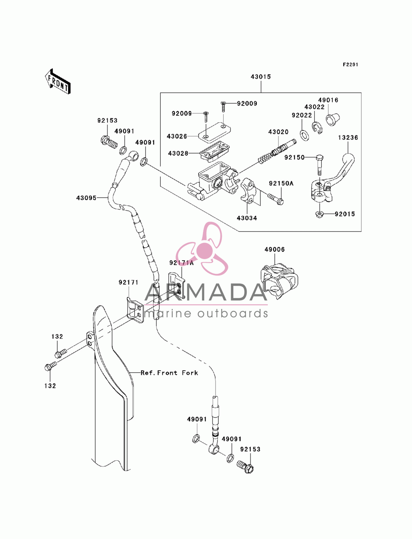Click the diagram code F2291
click(x=350, y=65)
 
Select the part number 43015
click(x=260, y=77)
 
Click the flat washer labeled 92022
click(x=304, y=135)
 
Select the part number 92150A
click(x=281, y=183)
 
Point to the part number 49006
click(x=274, y=250)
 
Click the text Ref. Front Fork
click(x=169, y=373)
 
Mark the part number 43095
click(x=86, y=198)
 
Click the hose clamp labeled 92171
click(x=135, y=310)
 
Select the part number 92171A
click(x=181, y=263)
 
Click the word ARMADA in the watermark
click(x=206, y=292)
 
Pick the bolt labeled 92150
click(x=319, y=165)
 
